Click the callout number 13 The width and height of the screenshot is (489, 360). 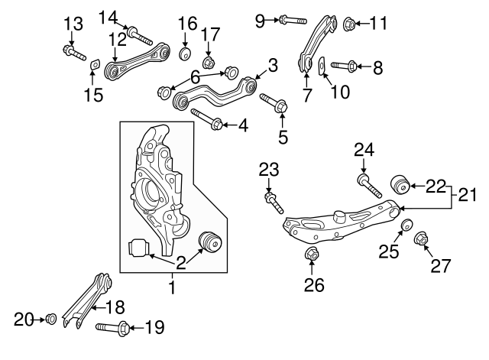(x=72, y=24)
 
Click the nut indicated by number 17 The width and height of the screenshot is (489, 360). (x=208, y=61)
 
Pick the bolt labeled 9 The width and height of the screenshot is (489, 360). (x=293, y=18)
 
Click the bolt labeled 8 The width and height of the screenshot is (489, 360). (x=344, y=66)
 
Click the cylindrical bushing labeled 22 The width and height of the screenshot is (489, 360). (x=400, y=184)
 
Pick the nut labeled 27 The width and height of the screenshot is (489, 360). (x=421, y=242)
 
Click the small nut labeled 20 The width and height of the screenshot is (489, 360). (x=50, y=318)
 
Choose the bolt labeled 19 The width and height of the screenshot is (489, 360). (x=112, y=329)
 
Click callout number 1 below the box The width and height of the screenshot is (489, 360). (x=172, y=288)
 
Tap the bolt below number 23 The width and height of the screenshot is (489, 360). (x=274, y=203)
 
